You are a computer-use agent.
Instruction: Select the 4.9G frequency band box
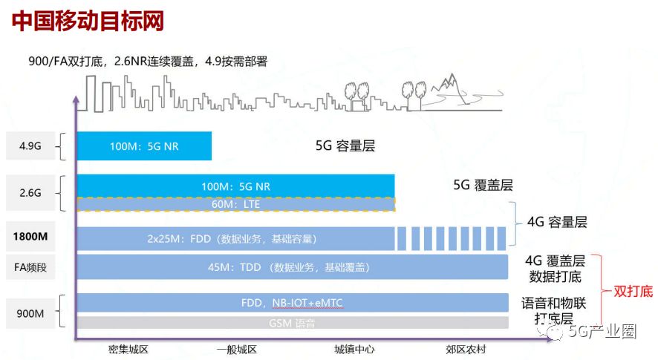[x=30, y=145]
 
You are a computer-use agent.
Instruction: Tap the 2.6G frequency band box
[x=30, y=192]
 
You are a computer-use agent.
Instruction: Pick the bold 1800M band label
[x=30, y=238]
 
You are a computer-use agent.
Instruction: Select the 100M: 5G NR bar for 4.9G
[x=144, y=145]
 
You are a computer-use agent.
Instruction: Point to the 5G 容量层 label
[x=345, y=146]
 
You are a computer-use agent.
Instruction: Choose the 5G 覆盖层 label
[x=483, y=185]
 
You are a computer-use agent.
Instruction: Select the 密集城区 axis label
[x=129, y=349]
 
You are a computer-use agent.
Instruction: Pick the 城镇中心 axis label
[x=354, y=349]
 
